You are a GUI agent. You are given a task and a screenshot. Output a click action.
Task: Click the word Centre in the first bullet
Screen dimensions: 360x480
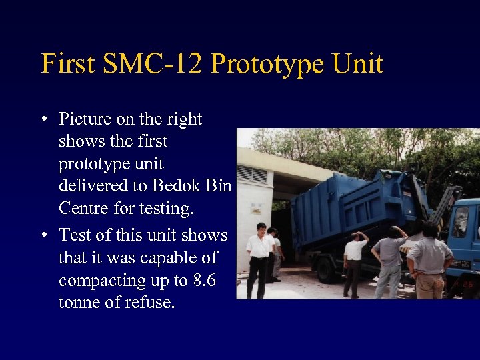click(x=86, y=209)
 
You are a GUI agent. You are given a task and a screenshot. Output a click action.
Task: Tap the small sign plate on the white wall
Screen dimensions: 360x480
click(x=255, y=207)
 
